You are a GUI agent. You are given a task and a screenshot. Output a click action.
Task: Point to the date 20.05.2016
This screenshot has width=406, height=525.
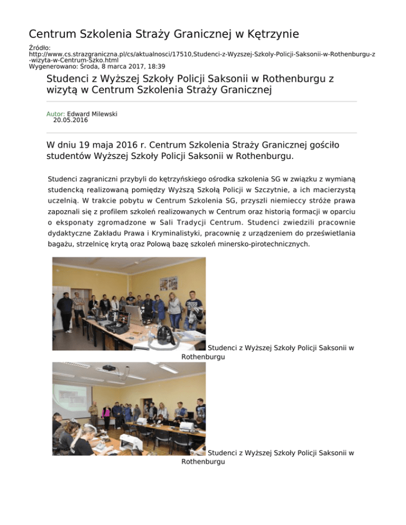pyautogui.click(x=71, y=120)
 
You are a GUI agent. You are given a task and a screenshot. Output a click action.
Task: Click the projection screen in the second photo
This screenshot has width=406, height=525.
pyautogui.click(x=69, y=396)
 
